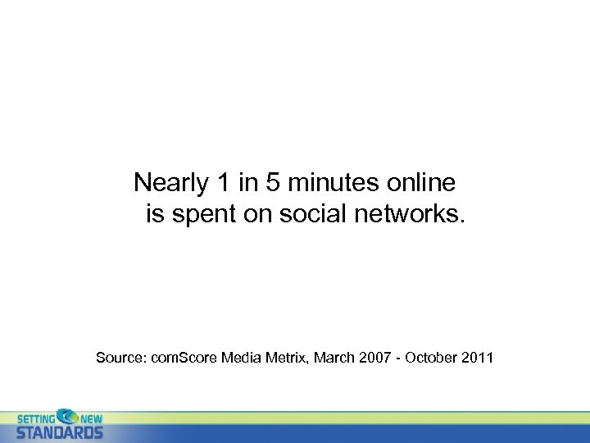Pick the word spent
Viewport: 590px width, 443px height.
[x=203, y=216]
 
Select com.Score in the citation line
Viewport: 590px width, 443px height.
[x=188, y=358]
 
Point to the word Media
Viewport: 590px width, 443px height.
[x=243, y=358]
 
